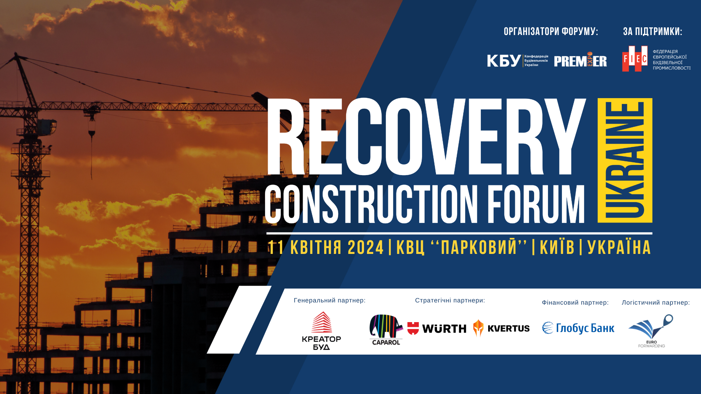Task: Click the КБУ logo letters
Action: (x=504, y=61)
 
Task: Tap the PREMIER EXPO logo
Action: (x=580, y=61)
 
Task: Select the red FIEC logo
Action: (x=635, y=59)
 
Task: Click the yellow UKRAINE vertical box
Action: (x=625, y=160)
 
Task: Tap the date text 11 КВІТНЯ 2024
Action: (x=326, y=248)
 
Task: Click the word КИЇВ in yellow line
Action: (x=557, y=248)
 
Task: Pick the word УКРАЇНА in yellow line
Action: (x=619, y=248)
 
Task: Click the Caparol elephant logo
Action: (x=386, y=329)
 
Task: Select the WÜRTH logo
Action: (x=437, y=328)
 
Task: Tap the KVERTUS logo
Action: (x=501, y=328)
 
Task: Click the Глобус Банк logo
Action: (x=578, y=328)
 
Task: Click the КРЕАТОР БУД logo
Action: (x=321, y=331)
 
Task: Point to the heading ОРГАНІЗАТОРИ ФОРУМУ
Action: (x=551, y=32)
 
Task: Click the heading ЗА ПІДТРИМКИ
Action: (x=652, y=32)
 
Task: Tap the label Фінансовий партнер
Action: (x=575, y=303)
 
